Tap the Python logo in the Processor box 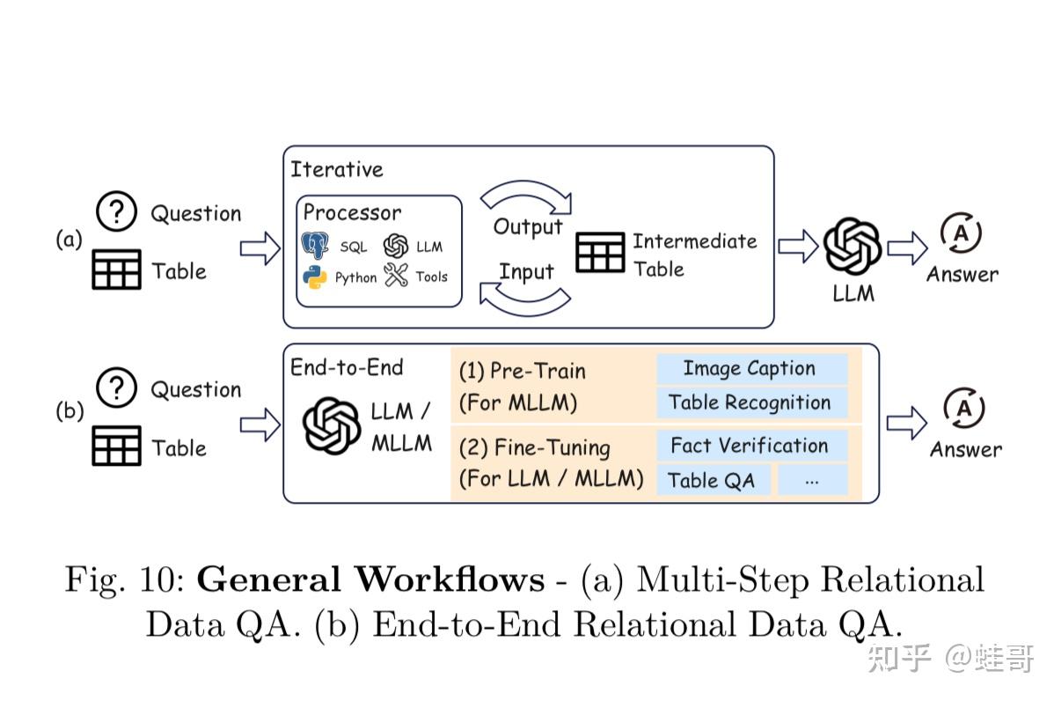[x=315, y=277]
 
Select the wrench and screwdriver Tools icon [x=397, y=276]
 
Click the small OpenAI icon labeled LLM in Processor [x=397, y=246]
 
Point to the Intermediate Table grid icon [x=600, y=253]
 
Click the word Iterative [x=337, y=169]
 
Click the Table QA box [x=713, y=480]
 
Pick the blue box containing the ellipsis [x=812, y=480]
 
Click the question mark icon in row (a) [x=116, y=212]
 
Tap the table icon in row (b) [x=116, y=446]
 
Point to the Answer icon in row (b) [x=964, y=409]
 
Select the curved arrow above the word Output [x=525, y=196]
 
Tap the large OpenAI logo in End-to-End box [x=332, y=425]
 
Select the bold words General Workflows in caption [x=370, y=580]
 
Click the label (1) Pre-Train [x=522, y=371]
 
